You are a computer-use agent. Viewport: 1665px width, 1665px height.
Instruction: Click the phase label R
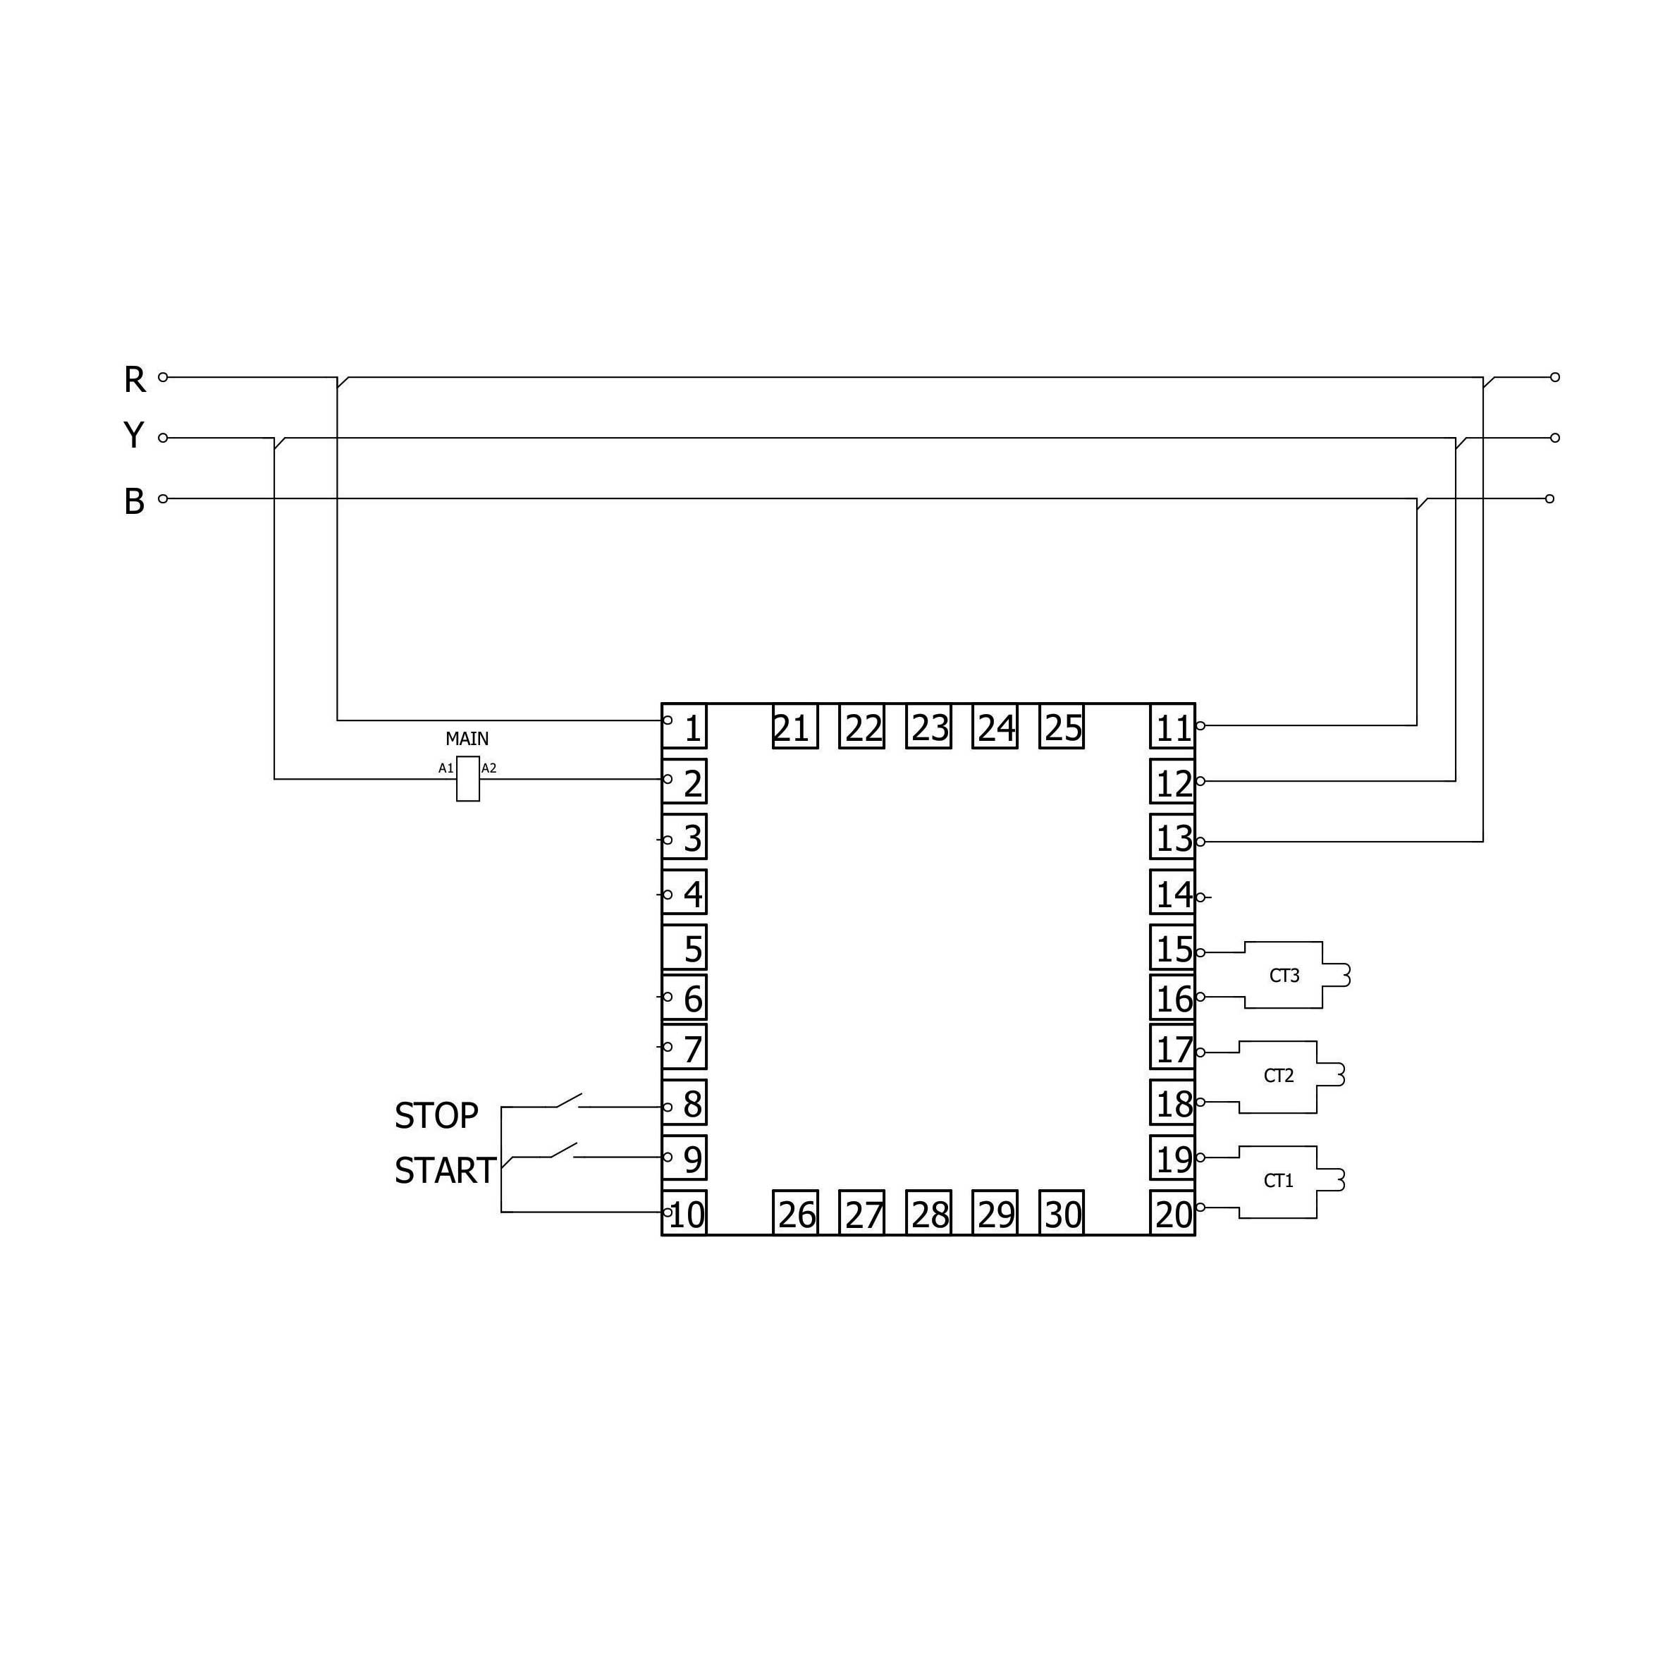[135, 379]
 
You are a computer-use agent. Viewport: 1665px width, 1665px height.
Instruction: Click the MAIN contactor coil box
[468, 779]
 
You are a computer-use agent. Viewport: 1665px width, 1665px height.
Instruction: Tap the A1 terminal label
[446, 768]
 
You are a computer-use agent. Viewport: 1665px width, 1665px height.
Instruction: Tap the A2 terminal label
[489, 768]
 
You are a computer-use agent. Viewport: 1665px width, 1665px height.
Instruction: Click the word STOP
[436, 1116]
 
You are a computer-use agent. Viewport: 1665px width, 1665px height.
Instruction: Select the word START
[445, 1170]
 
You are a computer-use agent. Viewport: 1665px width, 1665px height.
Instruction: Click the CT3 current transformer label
[1284, 976]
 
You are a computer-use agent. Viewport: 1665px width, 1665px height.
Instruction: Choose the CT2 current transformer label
[1279, 1076]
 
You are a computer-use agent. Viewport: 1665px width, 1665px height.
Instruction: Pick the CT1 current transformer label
[1279, 1181]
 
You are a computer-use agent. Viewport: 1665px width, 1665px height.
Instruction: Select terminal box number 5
[685, 948]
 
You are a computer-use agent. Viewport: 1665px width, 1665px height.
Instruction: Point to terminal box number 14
[1173, 893]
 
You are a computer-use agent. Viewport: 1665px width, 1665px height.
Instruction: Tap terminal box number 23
[929, 727]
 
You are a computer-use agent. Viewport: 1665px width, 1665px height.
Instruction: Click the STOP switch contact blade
[569, 1100]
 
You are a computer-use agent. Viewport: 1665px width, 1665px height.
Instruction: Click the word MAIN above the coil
[467, 739]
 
